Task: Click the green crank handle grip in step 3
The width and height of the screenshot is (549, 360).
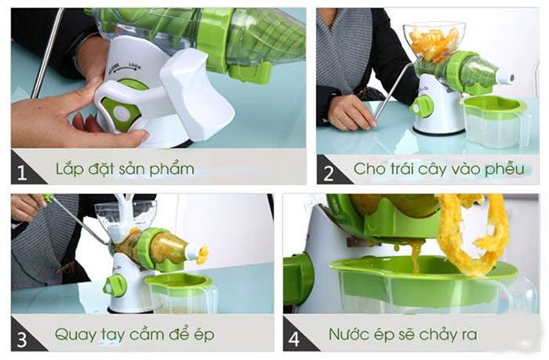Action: tap(48, 198)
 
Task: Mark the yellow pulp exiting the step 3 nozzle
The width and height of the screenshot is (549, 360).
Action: tap(203, 254)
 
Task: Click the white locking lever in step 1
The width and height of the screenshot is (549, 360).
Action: tap(195, 94)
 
